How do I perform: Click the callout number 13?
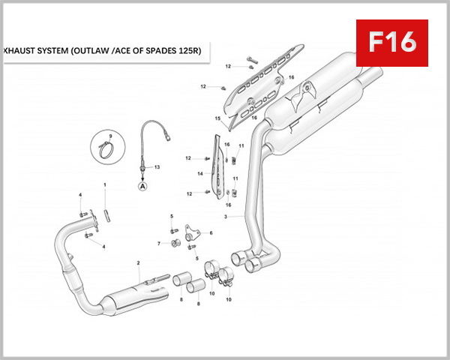pyautogui.click(x=157, y=166)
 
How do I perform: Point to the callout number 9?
pyautogui.click(x=110, y=135)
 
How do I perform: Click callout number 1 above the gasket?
pyautogui.click(x=105, y=184)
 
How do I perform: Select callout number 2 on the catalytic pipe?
pyautogui.click(x=138, y=263)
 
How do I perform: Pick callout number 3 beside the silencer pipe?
pyautogui.click(x=224, y=217)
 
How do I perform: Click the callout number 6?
pyautogui.click(x=211, y=233)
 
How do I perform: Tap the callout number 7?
pyautogui.click(x=159, y=244)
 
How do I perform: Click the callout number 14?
pyautogui.click(x=200, y=173)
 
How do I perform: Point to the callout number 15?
pyautogui.click(x=217, y=118)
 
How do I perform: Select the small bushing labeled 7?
pyautogui.click(x=175, y=243)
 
